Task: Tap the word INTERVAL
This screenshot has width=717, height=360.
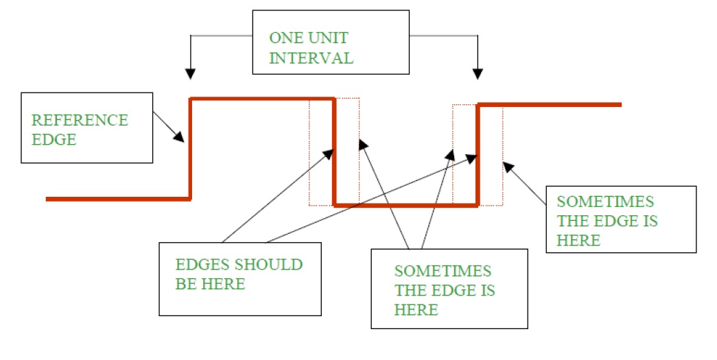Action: click(x=311, y=58)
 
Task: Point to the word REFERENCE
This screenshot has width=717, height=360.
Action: click(x=80, y=120)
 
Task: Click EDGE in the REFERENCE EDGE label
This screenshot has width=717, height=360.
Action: click(x=54, y=139)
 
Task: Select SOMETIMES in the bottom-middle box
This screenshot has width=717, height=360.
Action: click(x=443, y=271)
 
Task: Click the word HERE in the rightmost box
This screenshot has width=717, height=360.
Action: click(x=578, y=240)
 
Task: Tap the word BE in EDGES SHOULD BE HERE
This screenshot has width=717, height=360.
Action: click(x=185, y=284)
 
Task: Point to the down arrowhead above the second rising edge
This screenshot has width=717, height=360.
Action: click(x=478, y=73)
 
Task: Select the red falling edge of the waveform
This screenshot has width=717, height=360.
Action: click(x=335, y=151)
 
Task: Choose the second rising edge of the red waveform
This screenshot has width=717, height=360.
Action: click(x=478, y=154)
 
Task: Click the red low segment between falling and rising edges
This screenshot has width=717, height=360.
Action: click(x=405, y=204)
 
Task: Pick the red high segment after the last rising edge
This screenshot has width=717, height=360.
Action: click(x=549, y=104)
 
